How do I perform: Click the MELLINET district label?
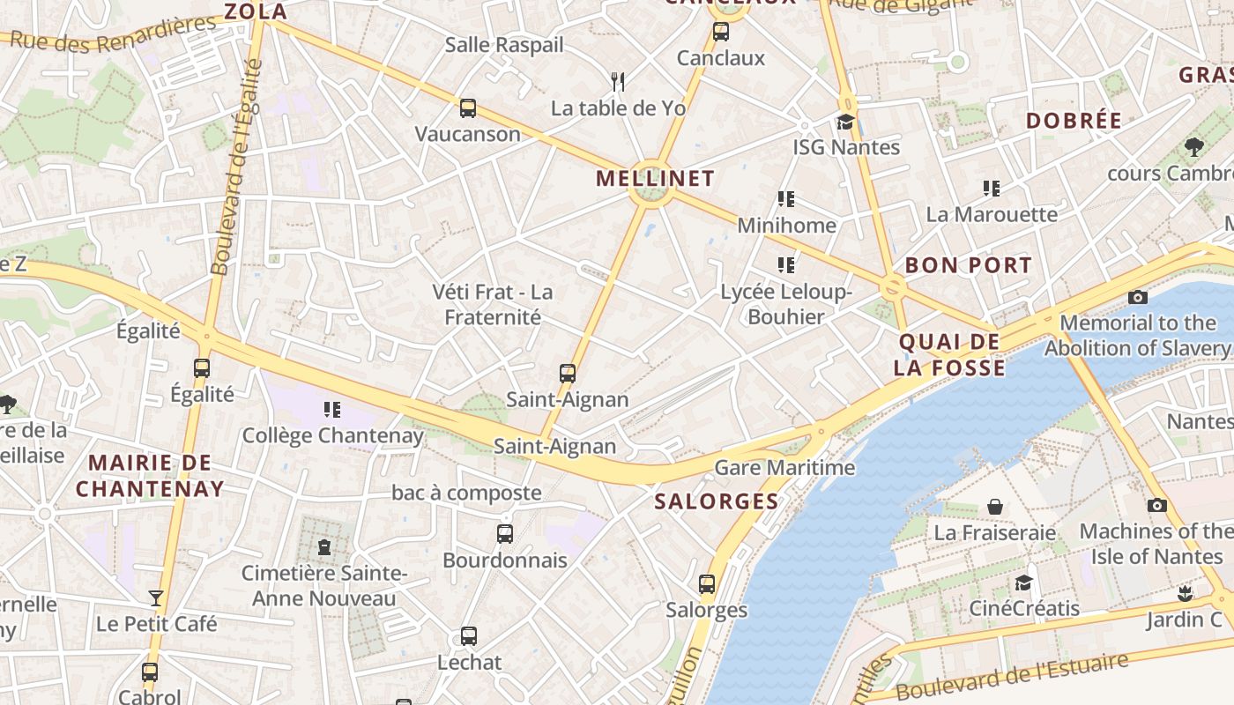pos(655,178)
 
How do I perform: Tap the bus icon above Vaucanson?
pos(468,108)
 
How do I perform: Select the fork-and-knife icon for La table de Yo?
pos(618,82)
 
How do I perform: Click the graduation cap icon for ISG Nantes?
pos(846,122)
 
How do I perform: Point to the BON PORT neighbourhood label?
pos(968,265)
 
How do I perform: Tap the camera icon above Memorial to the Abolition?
pos(1138,297)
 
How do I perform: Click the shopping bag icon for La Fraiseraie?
pos(995,507)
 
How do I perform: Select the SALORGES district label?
pos(717,501)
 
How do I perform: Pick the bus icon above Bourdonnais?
pos(505,534)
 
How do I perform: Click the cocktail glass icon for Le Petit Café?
pos(156,598)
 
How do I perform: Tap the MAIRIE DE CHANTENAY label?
pos(150,475)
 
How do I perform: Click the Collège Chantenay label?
pos(332,435)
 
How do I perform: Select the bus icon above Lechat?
pos(469,636)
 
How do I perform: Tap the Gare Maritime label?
pos(784,467)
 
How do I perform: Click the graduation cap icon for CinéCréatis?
pos(1023,583)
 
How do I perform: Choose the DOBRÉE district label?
pos(1074,121)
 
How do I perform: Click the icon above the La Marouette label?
pos(992,189)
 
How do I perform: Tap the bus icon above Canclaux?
pos(721,33)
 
